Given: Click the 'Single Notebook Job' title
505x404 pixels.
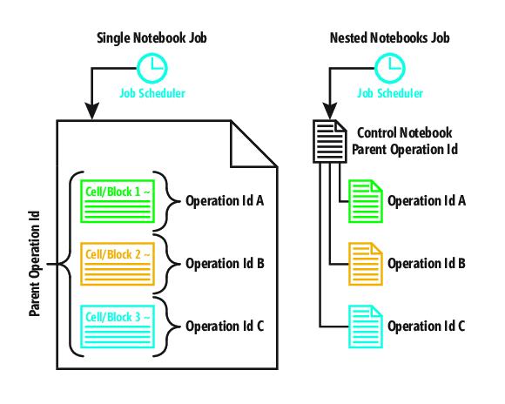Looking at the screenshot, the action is tap(151, 38).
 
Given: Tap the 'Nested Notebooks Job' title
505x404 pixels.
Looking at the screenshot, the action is tap(390, 38).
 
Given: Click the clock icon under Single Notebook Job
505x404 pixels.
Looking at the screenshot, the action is tap(152, 68).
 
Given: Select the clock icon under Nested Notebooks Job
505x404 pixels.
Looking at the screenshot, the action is tap(390, 68).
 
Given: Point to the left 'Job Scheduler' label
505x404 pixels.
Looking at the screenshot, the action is tap(152, 93).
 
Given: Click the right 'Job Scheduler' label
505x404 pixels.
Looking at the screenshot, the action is tap(390, 93).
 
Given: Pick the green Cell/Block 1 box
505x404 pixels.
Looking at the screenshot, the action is tap(118, 201).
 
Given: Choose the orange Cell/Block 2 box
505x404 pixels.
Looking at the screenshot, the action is tap(118, 264).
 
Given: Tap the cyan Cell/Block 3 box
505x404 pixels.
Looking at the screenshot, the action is tap(118, 327).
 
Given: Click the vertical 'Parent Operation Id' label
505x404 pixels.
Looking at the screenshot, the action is tap(35, 264).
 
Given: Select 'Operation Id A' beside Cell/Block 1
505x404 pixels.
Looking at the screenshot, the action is tap(225, 201).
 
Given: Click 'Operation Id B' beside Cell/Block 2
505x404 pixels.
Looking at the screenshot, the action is tap(225, 264).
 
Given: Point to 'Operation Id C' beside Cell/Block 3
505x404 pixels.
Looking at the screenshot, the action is tap(225, 326).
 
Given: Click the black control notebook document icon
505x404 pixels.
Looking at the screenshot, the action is tap(330, 141).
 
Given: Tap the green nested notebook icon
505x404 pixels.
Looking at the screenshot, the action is tap(366, 201).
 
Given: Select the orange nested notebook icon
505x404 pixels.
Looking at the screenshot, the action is tap(366, 264).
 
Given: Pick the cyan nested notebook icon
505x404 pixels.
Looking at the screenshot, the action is tap(366, 327).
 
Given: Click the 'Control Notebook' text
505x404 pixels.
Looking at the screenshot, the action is tap(405, 132).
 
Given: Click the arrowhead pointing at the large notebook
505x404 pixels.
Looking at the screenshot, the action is tap(91, 111).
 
